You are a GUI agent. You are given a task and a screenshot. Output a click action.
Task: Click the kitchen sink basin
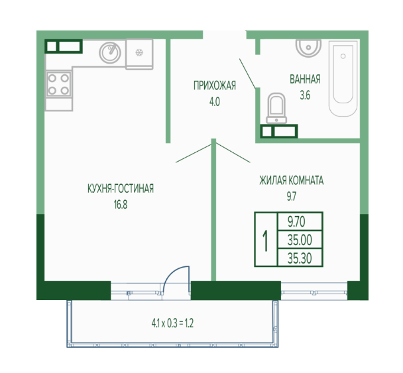110,52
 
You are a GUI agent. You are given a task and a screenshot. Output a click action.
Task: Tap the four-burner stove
58,84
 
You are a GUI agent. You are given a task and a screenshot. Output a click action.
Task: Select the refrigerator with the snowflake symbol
139,54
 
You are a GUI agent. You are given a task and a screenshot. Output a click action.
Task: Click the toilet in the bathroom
276,108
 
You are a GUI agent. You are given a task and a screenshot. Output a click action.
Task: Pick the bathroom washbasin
308,48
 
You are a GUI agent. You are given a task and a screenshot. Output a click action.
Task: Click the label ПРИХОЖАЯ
215,85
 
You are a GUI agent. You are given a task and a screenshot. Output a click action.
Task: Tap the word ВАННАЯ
305,79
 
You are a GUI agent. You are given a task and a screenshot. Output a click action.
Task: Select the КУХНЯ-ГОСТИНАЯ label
121,189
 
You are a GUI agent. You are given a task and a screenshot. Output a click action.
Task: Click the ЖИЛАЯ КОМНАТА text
292,181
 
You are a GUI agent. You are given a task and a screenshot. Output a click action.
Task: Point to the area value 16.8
121,205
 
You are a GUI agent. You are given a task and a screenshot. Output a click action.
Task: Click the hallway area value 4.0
215,102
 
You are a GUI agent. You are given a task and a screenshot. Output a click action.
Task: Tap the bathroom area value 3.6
305,95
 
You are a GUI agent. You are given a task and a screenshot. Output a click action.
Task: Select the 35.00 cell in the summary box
300,240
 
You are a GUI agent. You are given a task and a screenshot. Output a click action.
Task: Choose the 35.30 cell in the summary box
300,258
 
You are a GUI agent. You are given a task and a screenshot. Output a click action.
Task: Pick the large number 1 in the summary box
266,240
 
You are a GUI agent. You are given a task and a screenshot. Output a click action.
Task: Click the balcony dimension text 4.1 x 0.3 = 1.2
172,323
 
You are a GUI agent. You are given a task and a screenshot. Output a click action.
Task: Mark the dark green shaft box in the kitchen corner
64,46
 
